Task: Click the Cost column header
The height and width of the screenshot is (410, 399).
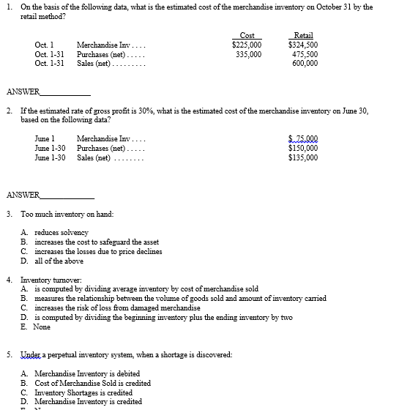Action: click(247, 35)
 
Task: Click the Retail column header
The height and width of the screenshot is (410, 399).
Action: click(302, 35)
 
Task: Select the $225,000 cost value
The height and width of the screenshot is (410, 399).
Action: click(246, 45)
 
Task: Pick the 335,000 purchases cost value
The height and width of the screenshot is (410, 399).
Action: click(249, 54)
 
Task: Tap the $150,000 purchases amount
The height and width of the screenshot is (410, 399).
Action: click(303, 148)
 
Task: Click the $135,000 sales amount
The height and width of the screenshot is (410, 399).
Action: click(303, 157)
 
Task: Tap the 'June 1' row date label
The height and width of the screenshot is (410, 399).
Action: click(45, 138)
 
